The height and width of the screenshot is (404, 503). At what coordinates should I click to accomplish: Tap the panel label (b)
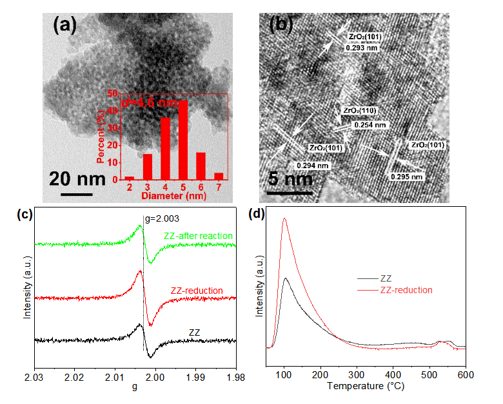[x=281, y=24]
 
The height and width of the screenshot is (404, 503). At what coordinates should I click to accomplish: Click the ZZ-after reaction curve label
[x=198, y=236]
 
